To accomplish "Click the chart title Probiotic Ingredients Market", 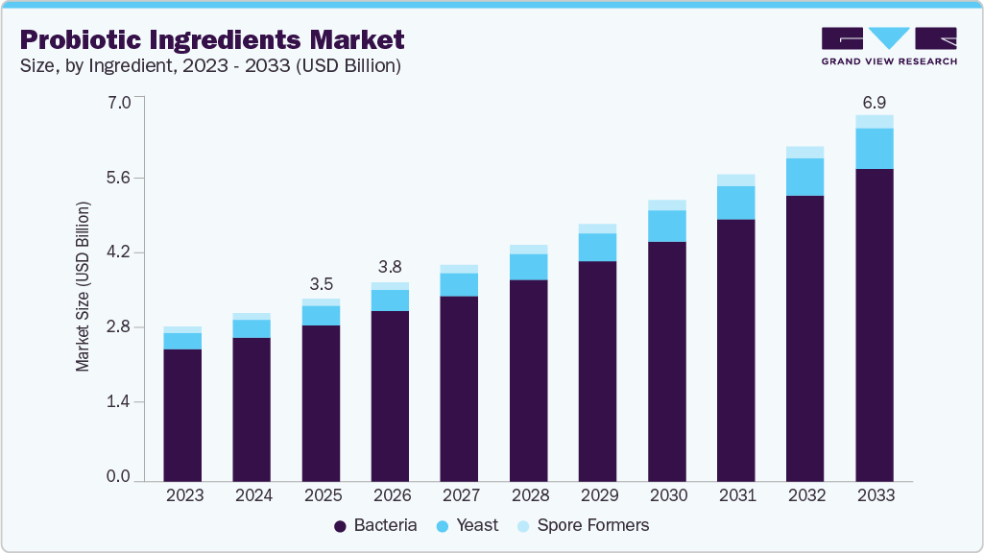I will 211,39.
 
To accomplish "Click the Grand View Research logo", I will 889,46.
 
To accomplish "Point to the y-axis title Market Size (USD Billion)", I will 84,287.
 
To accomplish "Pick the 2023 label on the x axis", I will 182,495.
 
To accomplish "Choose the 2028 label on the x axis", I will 528,495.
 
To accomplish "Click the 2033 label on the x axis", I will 875,495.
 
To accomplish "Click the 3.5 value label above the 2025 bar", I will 321,284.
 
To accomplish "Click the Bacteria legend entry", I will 375,525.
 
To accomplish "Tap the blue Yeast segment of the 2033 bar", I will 875,148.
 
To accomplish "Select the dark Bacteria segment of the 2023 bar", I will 182,414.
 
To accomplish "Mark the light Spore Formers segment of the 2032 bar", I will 805,152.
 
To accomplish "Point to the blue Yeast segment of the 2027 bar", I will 459,284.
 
